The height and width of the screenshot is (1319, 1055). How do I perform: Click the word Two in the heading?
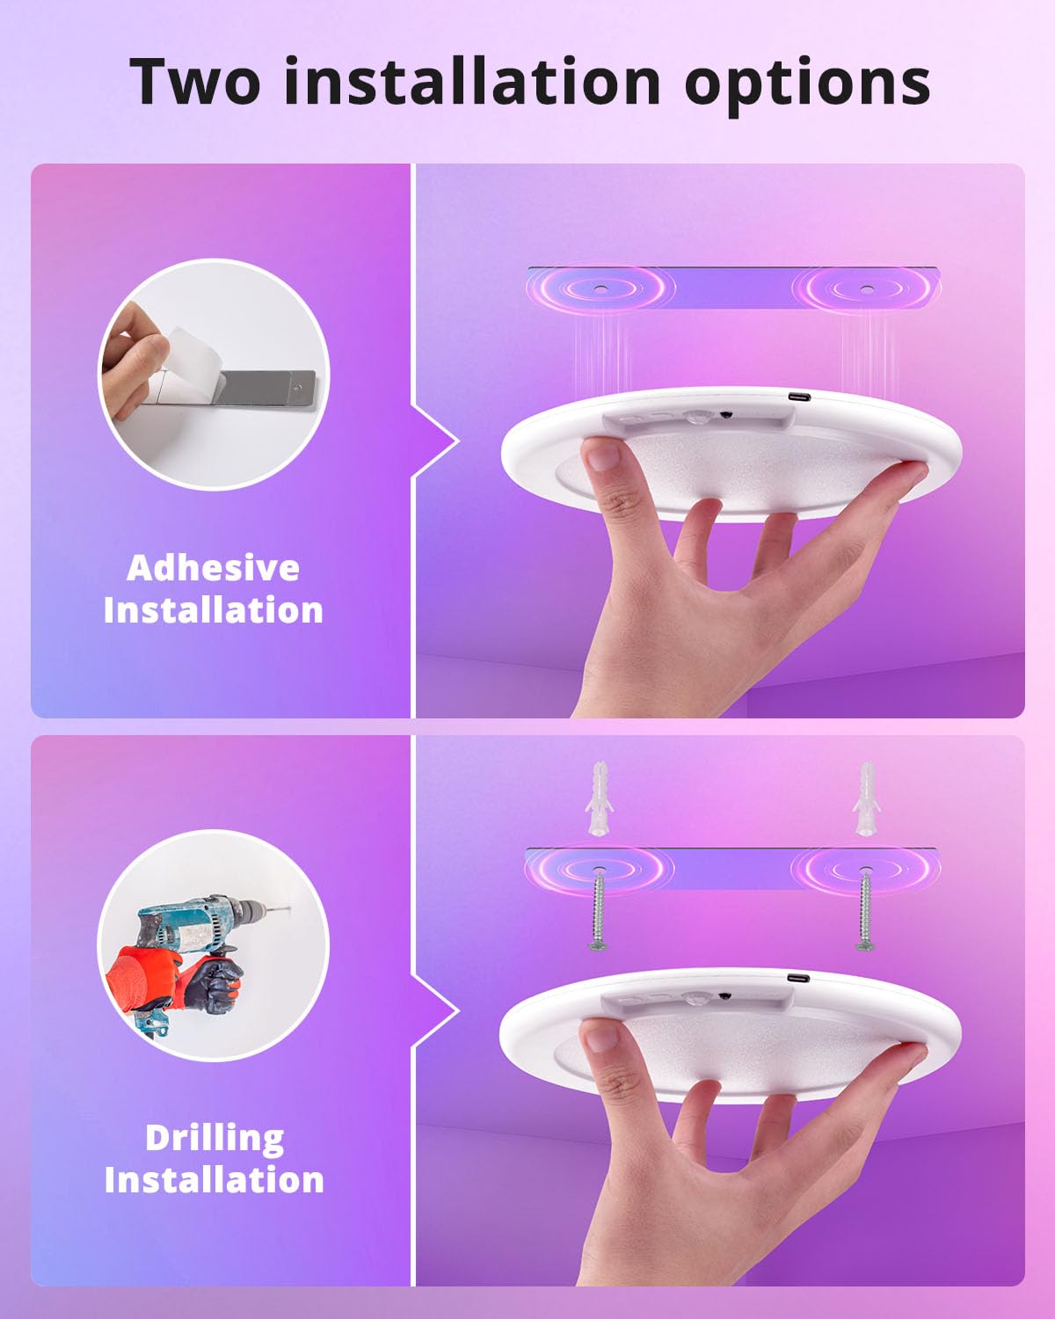pyautogui.click(x=196, y=82)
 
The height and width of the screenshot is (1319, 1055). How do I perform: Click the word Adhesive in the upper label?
pyautogui.click(x=213, y=568)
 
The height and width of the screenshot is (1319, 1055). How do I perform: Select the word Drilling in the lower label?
pyautogui.click(x=215, y=1138)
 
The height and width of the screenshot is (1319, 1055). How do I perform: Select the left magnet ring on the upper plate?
pyautogui.click(x=600, y=288)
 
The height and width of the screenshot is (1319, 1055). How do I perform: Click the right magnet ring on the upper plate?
pyautogui.click(x=866, y=288)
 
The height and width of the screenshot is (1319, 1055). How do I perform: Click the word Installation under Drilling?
pyautogui.click(x=215, y=1180)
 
